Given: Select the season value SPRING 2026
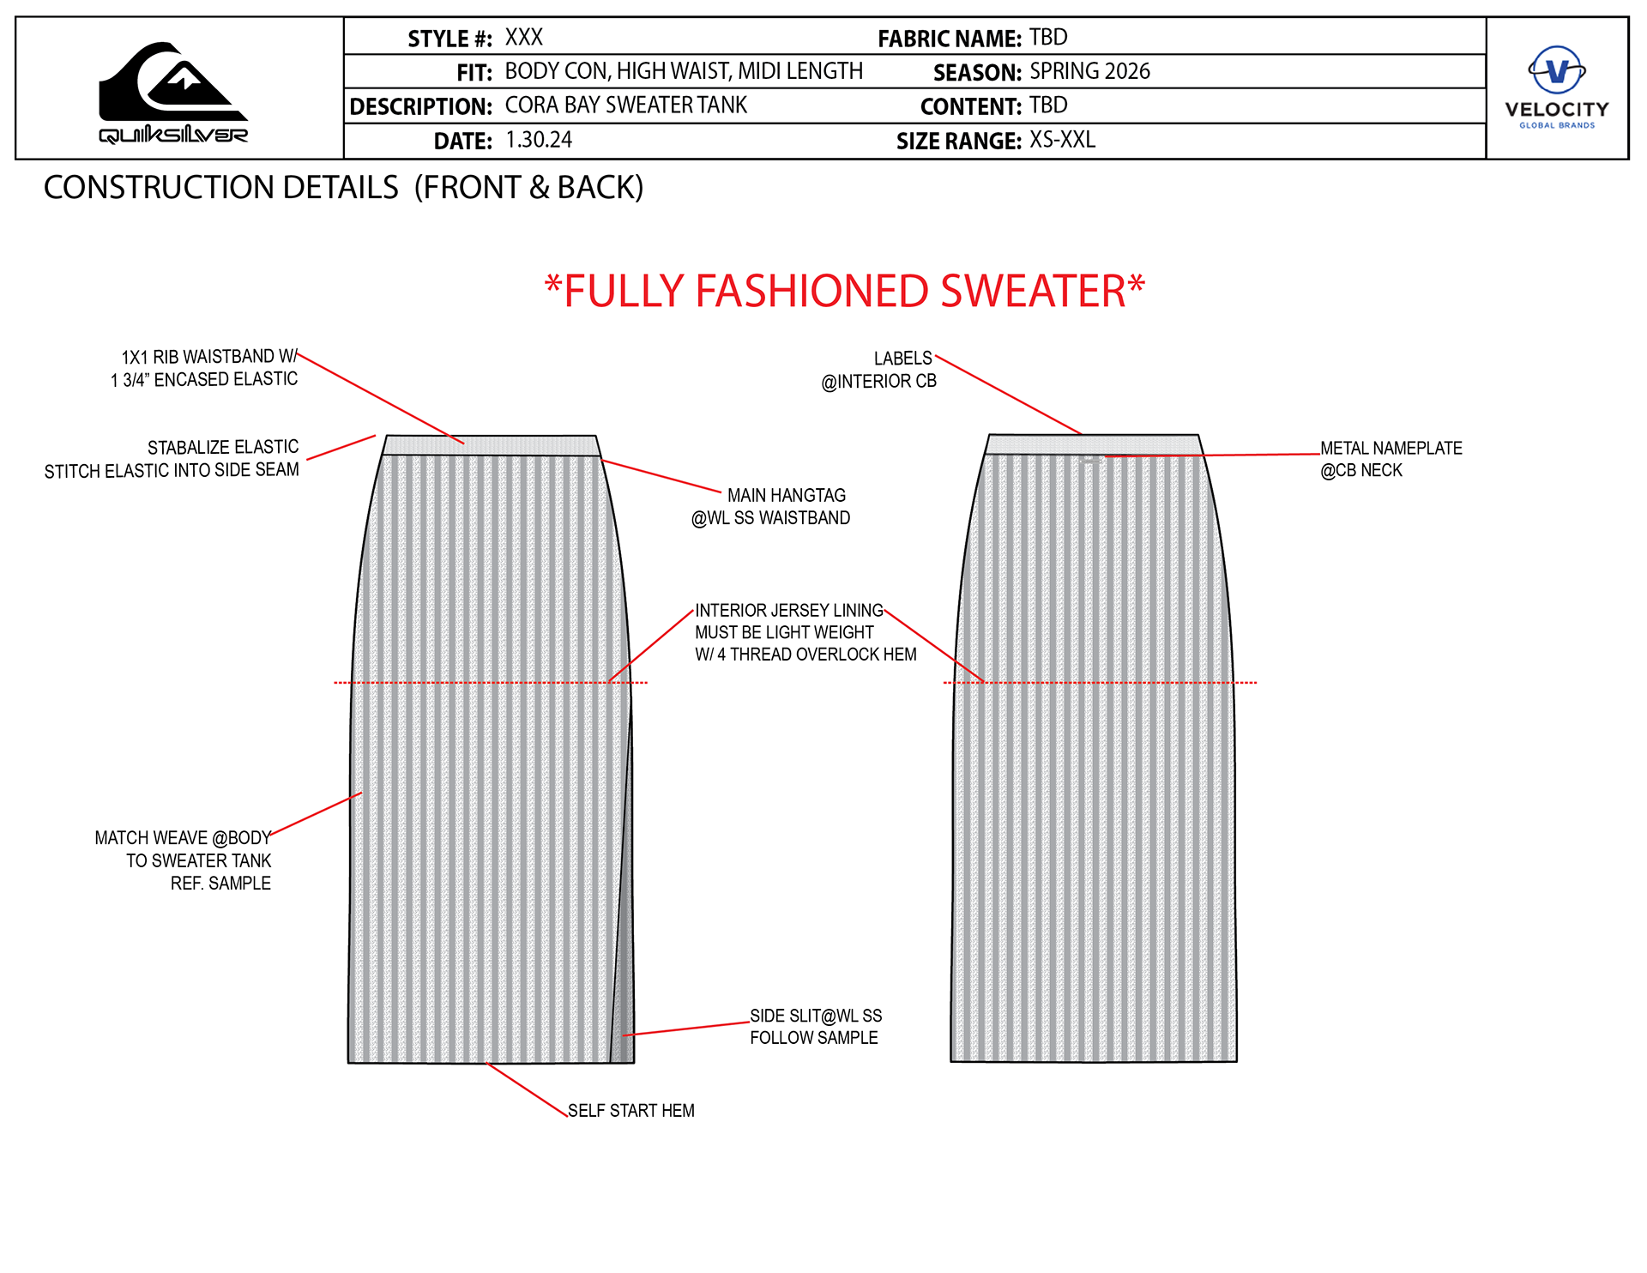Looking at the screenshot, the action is (x=1089, y=71).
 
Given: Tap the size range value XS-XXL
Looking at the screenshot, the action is (x=1062, y=140).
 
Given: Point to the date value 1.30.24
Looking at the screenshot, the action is (x=539, y=140).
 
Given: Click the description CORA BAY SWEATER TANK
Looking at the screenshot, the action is (x=625, y=106).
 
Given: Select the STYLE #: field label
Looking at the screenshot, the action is (x=449, y=39).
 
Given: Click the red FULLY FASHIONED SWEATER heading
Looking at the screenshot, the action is (x=845, y=292).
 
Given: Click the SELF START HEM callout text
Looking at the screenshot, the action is (x=630, y=1111).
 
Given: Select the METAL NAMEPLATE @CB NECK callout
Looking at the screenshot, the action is (x=1390, y=459).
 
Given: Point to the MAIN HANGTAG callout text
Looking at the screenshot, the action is (x=772, y=506).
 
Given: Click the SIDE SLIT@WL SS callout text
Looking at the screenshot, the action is (x=815, y=1027).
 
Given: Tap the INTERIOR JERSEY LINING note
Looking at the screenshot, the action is (x=805, y=632).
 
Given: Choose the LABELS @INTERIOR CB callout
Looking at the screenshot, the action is (x=879, y=370).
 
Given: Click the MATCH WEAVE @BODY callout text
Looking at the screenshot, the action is (x=183, y=860).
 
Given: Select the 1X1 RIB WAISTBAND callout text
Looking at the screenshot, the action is (x=204, y=368).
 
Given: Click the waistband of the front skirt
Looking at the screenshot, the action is (x=491, y=445).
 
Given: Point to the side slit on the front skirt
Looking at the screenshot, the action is (x=624, y=986).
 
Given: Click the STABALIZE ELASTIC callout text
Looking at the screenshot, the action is (x=172, y=459).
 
